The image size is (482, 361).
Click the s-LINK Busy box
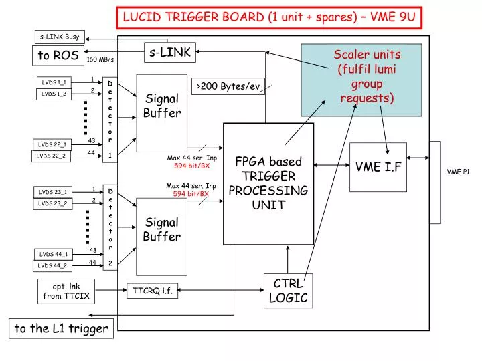tap(60, 37)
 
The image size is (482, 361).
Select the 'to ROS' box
tap(58, 55)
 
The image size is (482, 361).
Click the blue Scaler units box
tap(361, 80)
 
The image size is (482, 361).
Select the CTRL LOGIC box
tap(288, 291)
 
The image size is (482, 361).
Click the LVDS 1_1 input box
tap(54, 82)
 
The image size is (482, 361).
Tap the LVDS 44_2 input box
tap(53, 266)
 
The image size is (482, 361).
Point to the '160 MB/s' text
tap(100, 59)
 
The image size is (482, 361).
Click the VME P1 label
tap(459, 172)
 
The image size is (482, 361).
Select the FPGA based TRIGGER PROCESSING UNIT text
tap(268, 183)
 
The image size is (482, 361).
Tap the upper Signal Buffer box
tap(161, 112)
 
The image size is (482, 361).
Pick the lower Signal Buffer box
tap(161, 236)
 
